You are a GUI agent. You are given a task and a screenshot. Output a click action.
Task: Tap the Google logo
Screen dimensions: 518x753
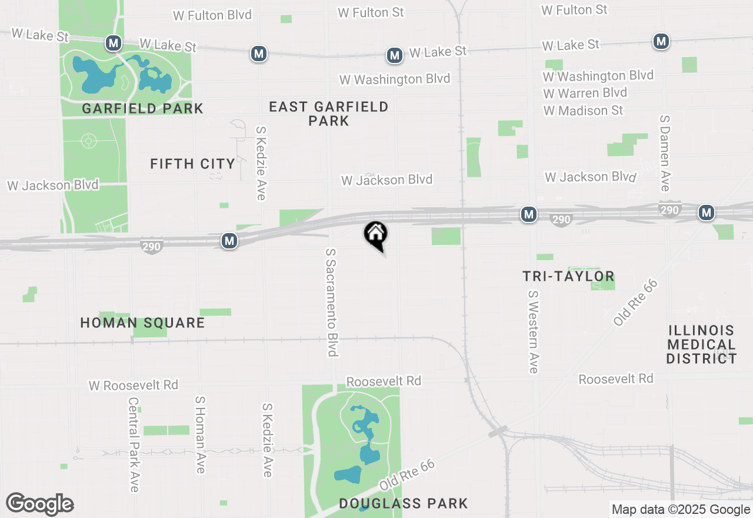pyautogui.click(x=40, y=504)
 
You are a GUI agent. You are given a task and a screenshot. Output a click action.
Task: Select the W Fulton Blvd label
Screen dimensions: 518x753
pyautogui.click(x=212, y=15)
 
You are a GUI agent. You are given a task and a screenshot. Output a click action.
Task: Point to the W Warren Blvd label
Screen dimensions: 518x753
pyautogui.click(x=585, y=93)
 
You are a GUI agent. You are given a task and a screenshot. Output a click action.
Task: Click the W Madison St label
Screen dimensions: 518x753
pyautogui.click(x=583, y=111)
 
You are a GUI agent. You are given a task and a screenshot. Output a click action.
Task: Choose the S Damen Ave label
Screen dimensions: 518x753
pyautogui.click(x=665, y=153)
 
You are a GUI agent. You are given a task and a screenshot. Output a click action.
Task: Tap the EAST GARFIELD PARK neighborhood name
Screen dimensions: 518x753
pyautogui.click(x=329, y=114)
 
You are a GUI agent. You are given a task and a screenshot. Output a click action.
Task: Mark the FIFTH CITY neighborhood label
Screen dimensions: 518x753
pyautogui.click(x=192, y=164)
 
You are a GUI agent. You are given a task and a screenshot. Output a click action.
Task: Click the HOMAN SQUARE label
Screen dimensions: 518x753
pyautogui.click(x=142, y=323)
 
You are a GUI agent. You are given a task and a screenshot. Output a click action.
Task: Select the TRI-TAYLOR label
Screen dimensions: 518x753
pyautogui.click(x=568, y=276)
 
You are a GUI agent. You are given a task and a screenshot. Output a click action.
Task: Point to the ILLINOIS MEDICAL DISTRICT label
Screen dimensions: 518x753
pyautogui.click(x=702, y=344)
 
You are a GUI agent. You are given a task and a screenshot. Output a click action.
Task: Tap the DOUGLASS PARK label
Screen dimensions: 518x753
pyautogui.click(x=404, y=503)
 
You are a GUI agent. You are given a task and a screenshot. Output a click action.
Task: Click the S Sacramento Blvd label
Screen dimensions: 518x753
pyautogui.click(x=332, y=302)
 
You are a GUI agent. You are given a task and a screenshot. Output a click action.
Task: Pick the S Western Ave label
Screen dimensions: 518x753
pyautogui.click(x=533, y=331)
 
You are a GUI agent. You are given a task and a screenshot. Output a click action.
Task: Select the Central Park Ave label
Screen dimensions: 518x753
pyautogui.click(x=134, y=444)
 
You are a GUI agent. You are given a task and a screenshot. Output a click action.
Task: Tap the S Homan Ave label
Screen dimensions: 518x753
pyautogui.click(x=200, y=434)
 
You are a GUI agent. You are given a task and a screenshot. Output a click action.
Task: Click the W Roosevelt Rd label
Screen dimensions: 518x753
pyautogui.click(x=134, y=385)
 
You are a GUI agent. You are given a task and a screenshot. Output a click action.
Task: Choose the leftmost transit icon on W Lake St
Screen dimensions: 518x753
pyautogui.click(x=114, y=42)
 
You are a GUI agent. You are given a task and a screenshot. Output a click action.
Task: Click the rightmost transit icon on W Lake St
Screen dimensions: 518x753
pyautogui.click(x=661, y=41)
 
